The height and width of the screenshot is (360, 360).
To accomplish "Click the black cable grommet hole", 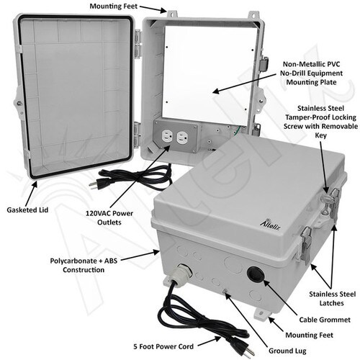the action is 255,274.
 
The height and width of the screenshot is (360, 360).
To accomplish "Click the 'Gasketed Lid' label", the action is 27,210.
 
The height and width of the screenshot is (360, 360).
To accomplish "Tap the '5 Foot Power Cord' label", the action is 163,346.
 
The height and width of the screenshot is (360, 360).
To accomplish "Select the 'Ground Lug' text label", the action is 287,351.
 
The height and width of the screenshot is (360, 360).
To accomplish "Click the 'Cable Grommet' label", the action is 325,320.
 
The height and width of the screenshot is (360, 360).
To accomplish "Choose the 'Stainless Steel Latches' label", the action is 332,299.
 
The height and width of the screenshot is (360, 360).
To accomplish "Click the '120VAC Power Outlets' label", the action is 109,217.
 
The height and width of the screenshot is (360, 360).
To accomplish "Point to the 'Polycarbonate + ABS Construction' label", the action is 84,265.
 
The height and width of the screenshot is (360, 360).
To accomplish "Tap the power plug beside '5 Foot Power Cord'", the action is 243,347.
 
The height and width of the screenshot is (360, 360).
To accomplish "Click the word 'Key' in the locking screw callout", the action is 321,135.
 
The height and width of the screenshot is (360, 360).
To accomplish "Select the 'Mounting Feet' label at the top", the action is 114,6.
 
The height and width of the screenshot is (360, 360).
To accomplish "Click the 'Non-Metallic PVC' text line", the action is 311,64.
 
